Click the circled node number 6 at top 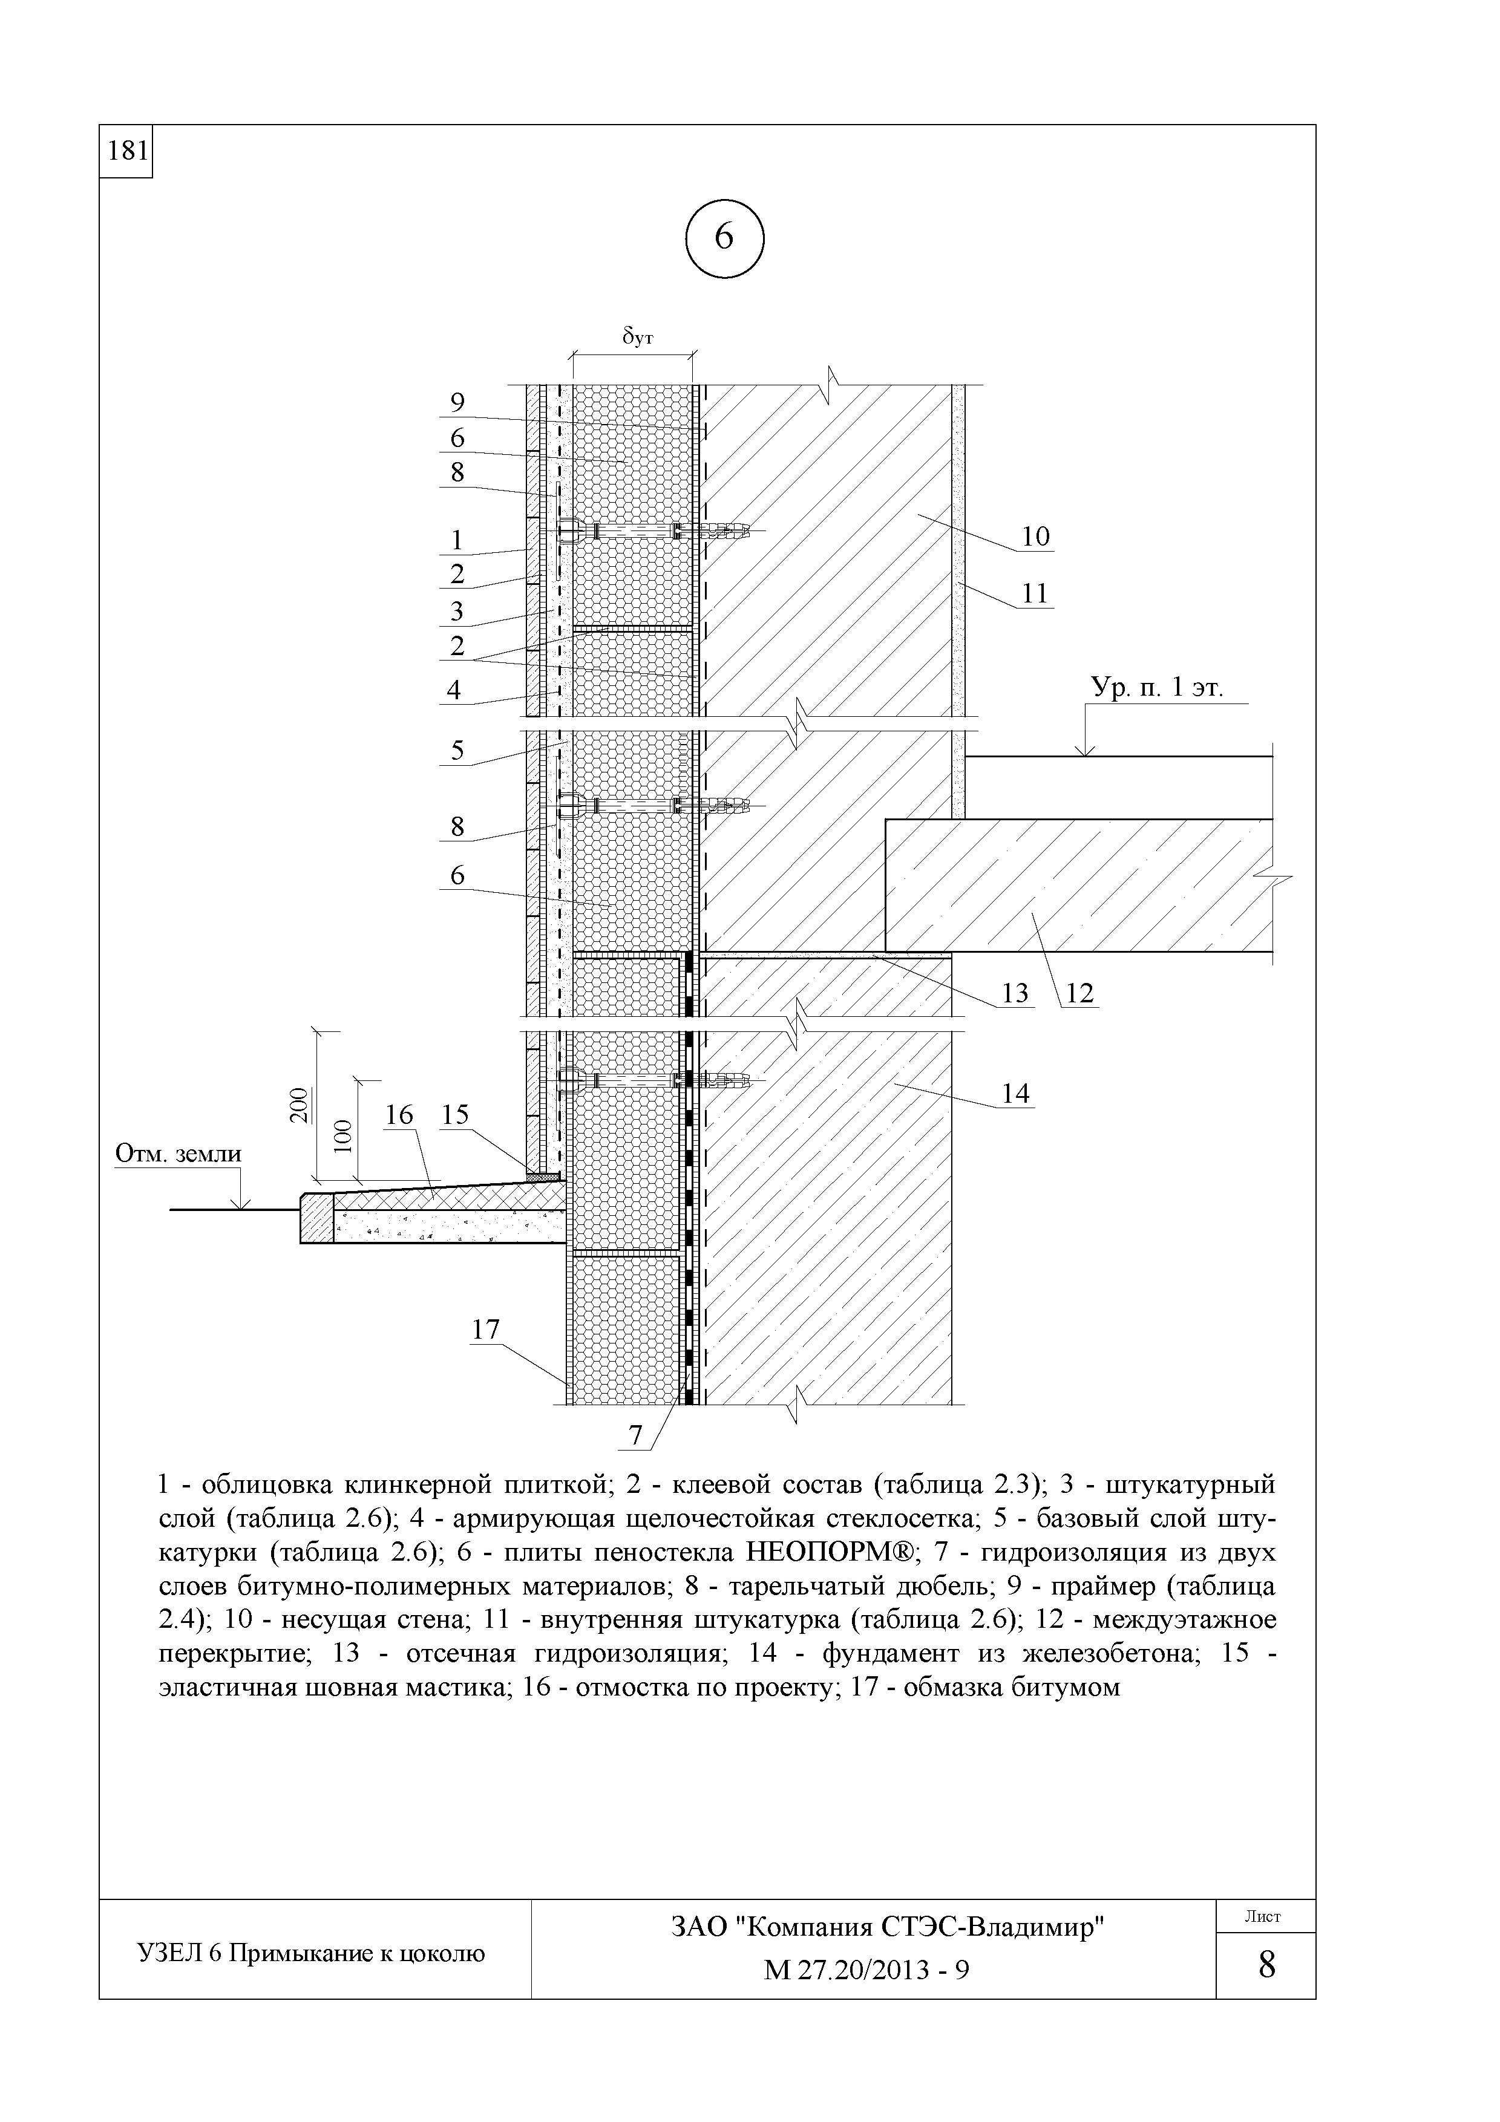(724, 238)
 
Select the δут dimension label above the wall (637, 338)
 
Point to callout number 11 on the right (1036, 593)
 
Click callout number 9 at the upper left (457, 402)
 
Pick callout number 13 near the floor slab (1015, 993)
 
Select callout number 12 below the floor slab (1078, 993)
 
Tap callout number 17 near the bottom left (485, 1330)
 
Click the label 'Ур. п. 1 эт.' (1157, 688)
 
